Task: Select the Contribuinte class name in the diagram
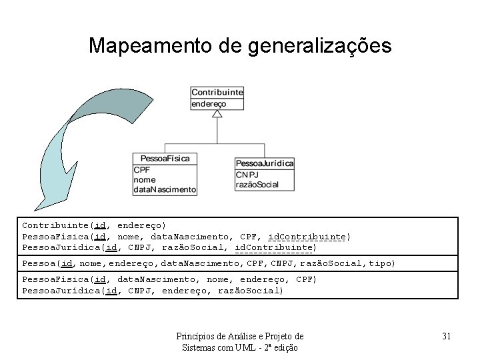217,92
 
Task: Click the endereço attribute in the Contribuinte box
209,103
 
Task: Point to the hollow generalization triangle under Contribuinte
217,114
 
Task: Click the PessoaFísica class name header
165,159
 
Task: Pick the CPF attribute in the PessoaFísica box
142,169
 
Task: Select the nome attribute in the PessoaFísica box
145,179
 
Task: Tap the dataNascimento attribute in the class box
165,189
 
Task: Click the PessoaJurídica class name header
265,163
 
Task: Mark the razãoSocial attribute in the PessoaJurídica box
257,185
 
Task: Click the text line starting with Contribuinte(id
94,226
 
